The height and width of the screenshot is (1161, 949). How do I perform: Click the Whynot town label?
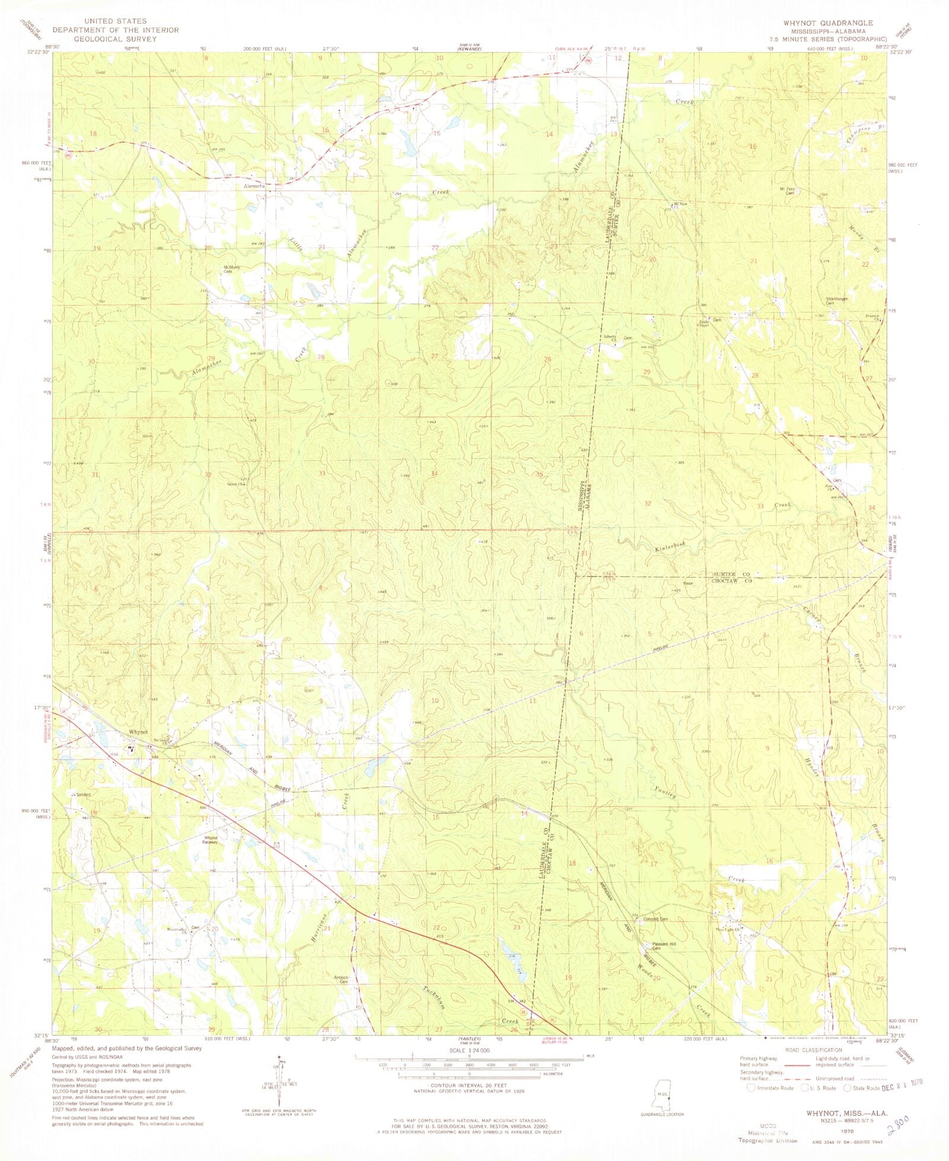click(138, 732)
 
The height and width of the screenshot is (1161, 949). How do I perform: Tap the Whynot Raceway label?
click(210, 840)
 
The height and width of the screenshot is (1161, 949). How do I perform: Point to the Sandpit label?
click(81, 794)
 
